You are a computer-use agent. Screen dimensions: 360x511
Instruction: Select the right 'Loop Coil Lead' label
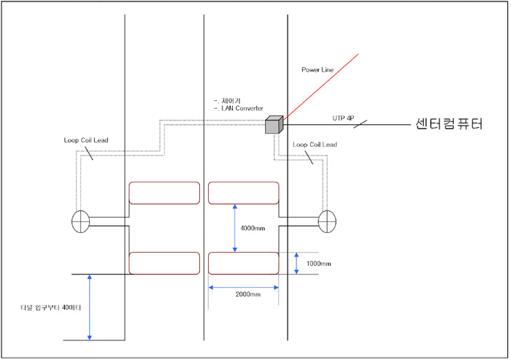click(x=314, y=145)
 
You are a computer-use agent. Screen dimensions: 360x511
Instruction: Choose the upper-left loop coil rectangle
click(x=164, y=193)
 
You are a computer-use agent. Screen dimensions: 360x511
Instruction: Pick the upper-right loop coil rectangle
click(x=244, y=193)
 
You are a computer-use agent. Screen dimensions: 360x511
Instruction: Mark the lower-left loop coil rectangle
click(x=164, y=263)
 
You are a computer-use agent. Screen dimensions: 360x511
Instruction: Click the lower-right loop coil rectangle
click(x=244, y=263)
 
